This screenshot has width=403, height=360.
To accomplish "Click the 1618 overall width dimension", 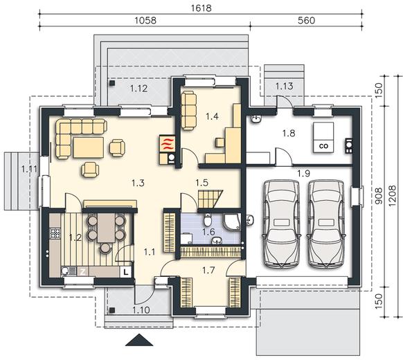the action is [201, 8].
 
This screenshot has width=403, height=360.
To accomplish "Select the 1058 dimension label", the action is [145, 20].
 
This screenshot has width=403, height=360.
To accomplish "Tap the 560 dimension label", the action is [306, 20].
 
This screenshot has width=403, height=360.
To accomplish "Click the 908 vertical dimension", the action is [379, 196].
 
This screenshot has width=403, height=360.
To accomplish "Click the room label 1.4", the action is [212, 116].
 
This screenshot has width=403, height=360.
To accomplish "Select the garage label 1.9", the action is [304, 174].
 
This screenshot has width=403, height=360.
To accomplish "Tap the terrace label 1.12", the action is [138, 89].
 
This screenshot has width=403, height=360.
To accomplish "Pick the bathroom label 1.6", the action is [208, 232].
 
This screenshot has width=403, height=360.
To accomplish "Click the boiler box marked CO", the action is [323, 138].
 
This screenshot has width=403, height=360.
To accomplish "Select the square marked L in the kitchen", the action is [126, 272].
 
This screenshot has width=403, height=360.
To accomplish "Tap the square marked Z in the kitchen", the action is [83, 272].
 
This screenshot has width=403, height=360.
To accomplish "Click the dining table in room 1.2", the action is [106, 228].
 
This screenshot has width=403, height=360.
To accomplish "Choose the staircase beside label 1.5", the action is [210, 199].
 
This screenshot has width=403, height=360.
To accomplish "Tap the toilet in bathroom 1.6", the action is [208, 220].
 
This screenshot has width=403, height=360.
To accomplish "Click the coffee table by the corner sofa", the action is [89, 147].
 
